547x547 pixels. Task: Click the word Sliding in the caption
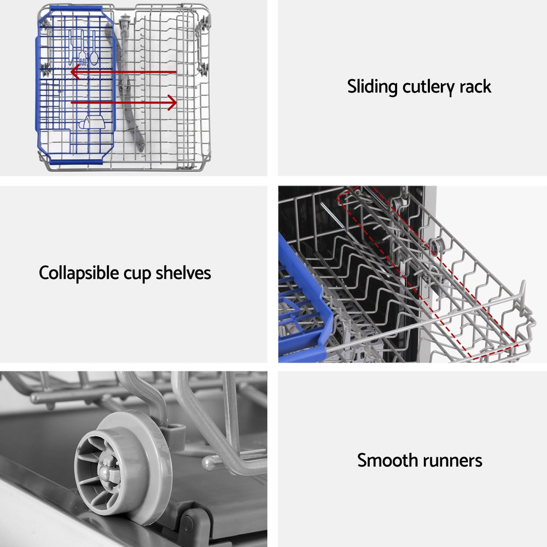[370, 87]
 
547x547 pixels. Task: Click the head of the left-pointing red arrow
[75, 72]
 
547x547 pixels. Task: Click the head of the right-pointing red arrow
[172, 102]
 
